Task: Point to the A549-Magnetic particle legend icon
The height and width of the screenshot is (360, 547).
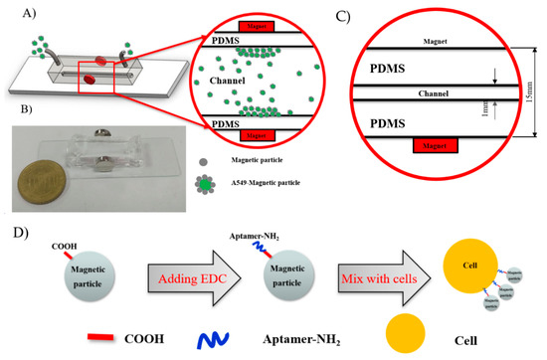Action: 148,186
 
